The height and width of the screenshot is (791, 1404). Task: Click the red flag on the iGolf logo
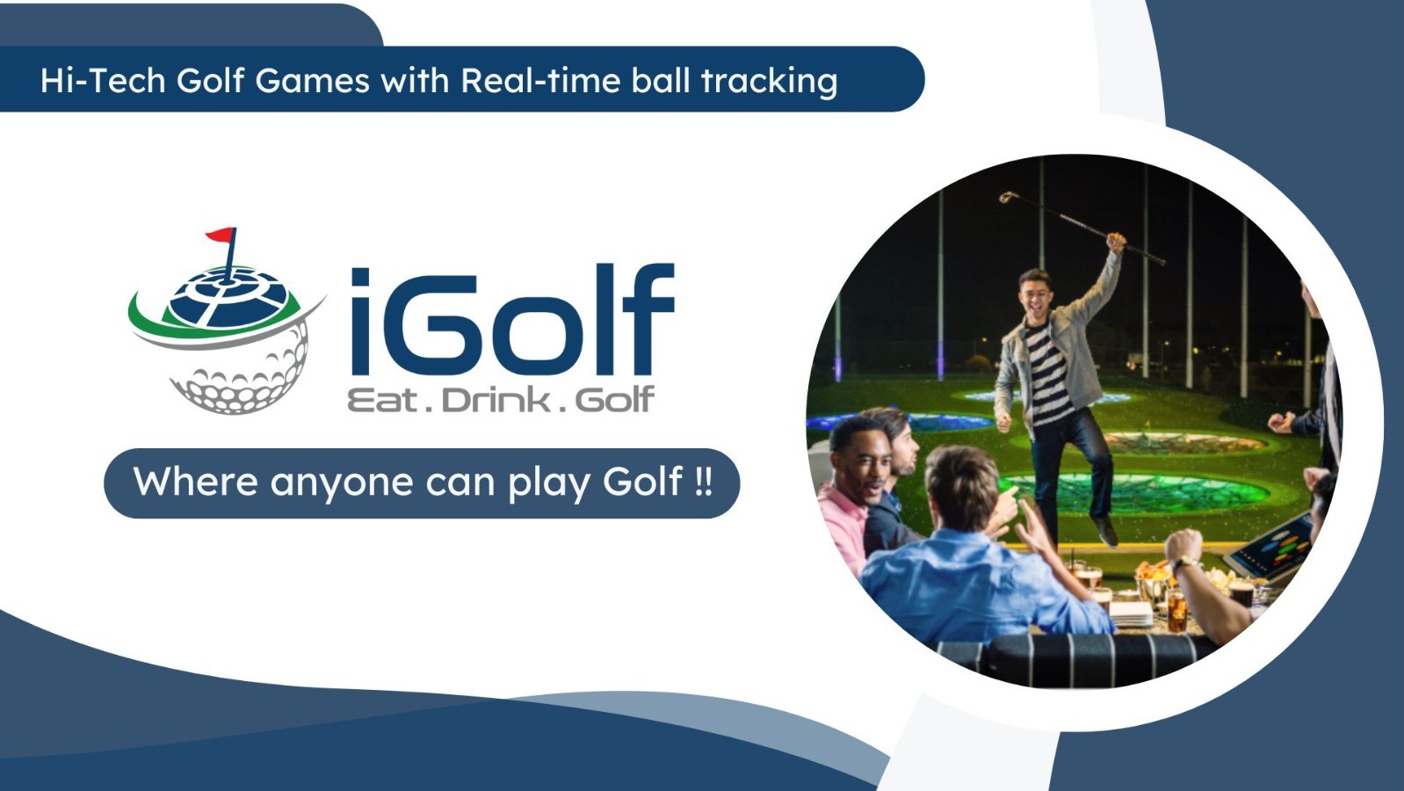tap(221, 236)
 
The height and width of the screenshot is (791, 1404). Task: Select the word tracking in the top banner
tap(769, 82)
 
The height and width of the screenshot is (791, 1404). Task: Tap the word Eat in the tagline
tap(382, 401)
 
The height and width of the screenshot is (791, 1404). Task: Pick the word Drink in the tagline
tap(496, 401)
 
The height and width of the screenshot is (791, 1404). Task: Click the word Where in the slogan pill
tap(195, 482)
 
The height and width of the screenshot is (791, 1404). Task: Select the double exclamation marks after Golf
tap(703, 482)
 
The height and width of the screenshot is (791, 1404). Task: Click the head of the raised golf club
tap(1008, 198)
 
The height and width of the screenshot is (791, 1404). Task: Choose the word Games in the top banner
tap(313, 81)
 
